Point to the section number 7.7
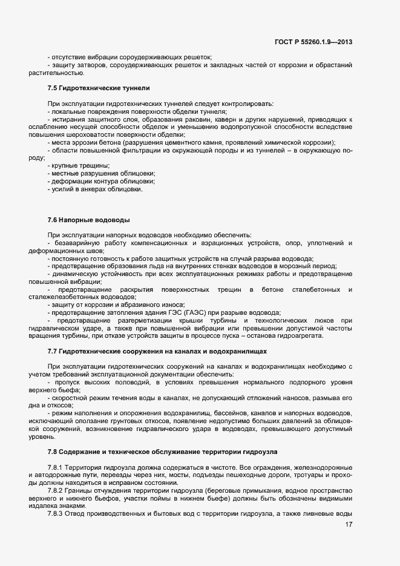pyautogui.click(x=53, y=351)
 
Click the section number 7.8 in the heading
pyautogui.click(x=53, y=452)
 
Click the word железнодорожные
pyautogui.click(x=325, y=468)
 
